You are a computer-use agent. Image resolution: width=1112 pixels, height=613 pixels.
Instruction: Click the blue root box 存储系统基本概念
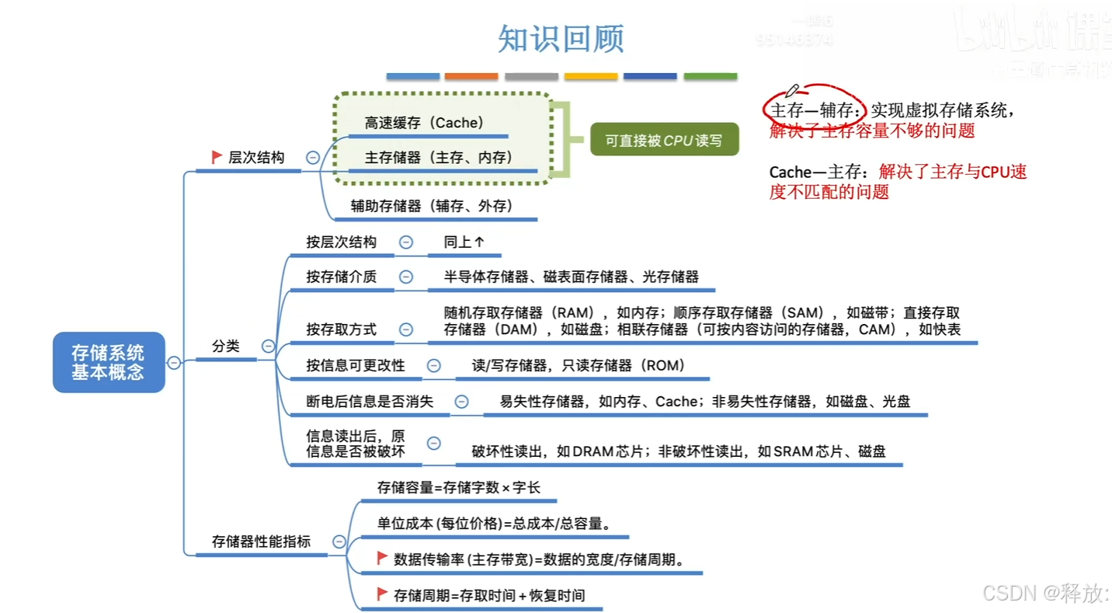109,362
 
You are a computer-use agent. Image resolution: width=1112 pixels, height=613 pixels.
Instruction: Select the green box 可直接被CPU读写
664,141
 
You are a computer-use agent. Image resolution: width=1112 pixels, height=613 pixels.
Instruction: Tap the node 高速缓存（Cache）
424,123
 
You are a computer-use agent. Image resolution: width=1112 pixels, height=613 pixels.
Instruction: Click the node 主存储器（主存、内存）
439,158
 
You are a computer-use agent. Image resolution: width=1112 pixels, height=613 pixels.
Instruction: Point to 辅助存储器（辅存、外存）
432,206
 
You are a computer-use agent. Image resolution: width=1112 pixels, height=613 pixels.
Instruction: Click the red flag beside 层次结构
217,157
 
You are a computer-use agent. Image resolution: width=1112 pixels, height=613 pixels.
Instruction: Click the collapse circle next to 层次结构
313,158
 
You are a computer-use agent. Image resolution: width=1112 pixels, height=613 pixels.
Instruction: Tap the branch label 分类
226,347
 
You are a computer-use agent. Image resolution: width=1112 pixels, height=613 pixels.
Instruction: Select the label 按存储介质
341,277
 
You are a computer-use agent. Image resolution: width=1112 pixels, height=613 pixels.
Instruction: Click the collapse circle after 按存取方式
406,329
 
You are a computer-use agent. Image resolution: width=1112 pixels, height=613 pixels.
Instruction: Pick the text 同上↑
464,242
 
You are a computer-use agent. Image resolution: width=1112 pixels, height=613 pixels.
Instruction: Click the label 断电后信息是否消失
370,402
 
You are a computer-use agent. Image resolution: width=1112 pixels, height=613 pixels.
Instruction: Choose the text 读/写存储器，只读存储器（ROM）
579,365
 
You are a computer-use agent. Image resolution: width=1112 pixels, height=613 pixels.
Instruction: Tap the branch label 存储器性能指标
261,542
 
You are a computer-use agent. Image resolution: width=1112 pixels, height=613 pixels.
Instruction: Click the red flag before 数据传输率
382,558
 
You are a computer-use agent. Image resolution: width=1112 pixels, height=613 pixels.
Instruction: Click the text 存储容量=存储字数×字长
459,488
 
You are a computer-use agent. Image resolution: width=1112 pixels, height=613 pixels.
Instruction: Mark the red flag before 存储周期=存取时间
382,594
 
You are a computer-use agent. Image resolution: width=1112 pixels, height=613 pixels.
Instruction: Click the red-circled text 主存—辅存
813,111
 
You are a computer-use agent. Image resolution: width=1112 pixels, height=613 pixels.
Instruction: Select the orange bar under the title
471,76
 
